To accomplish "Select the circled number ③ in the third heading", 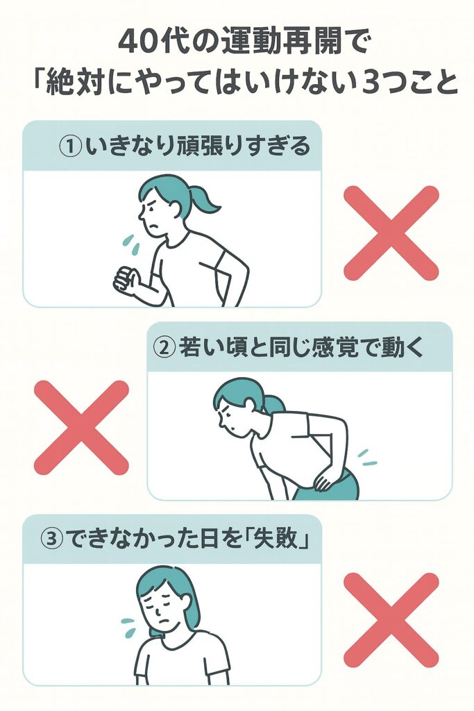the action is (x=51, y=539).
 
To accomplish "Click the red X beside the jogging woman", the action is (x=391, y=233).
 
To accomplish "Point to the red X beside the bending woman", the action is (x=82, y=428).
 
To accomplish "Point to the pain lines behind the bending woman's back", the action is (x=367, y=458).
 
